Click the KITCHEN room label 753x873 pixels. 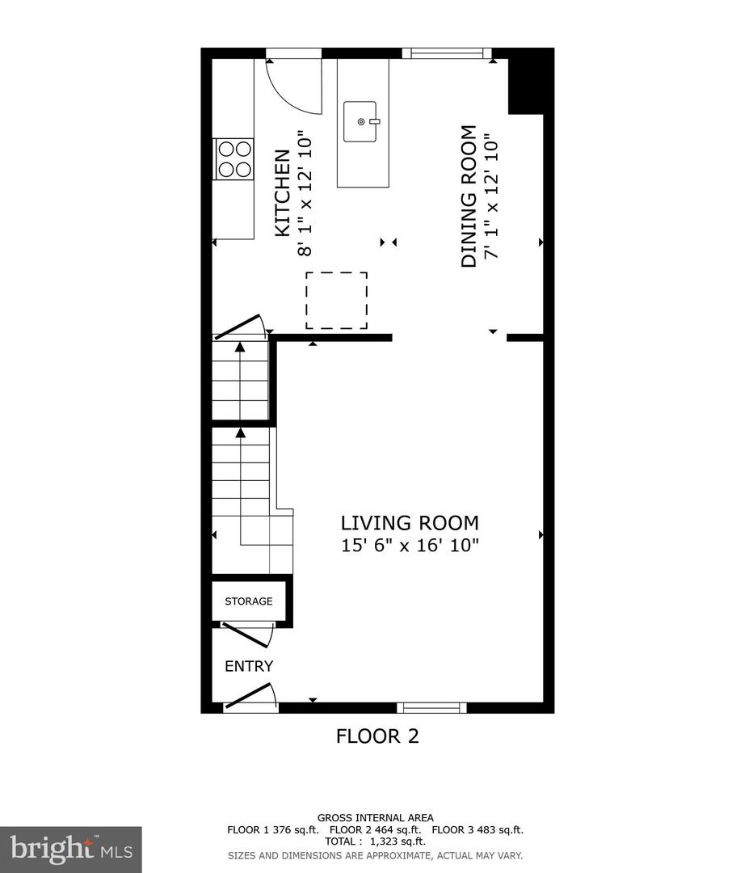coord(282,193)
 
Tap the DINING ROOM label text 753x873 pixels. coord(468,196)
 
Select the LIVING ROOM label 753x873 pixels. coord(410,522)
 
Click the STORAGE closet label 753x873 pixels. coord(248,601)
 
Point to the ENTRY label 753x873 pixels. coord(249,667)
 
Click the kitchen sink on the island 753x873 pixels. coord(360,121)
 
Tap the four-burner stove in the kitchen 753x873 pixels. coord(233,158)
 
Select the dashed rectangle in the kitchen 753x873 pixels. coord(336,301)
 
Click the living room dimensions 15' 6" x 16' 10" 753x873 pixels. coord(410,546)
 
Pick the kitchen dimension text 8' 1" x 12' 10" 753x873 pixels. coord(305,193)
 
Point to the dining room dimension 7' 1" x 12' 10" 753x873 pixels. coord(490,196)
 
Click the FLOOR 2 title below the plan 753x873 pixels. coord(377,736)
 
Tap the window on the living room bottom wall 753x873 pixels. coord(431,707)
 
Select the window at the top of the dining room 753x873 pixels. coord(447,53)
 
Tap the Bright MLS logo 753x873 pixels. coord(70,849)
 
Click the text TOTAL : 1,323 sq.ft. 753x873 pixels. coord(376,841)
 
